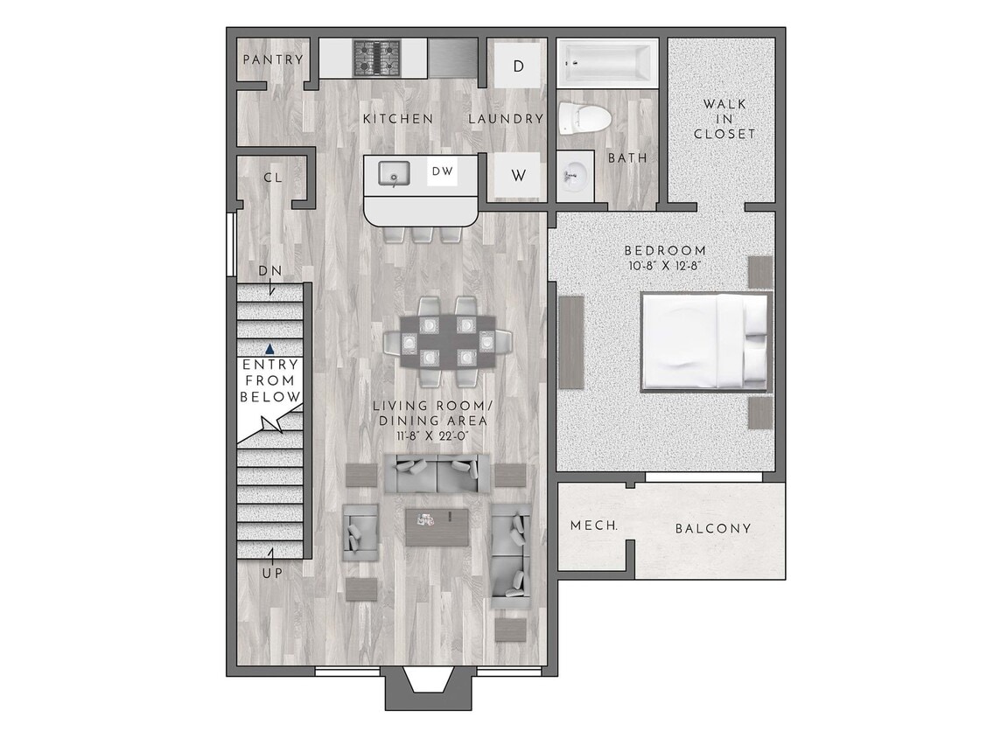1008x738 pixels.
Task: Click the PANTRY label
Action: pos(272,60)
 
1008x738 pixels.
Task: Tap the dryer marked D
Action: pos(518,66)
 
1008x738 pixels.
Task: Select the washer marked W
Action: pos(518,176)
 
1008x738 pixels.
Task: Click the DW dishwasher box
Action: pos(443,172)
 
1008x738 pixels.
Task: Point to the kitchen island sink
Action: pos(394,174)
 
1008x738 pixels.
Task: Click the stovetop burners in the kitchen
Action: pos(376,59)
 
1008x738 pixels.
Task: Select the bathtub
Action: pos(608,62)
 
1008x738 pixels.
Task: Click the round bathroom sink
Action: pos(573,176)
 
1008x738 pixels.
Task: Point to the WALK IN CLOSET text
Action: pos(724,120)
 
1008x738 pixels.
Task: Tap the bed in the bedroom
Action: pos(705,341)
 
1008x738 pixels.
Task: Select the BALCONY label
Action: pos(713,528)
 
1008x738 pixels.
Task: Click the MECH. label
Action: pos(594,526)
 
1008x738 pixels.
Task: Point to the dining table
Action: pos(447,340)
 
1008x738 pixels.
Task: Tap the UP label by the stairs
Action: pos(271,573)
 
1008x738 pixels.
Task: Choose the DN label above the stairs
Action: pos(269,271)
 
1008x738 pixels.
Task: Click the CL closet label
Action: pos(272,178)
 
